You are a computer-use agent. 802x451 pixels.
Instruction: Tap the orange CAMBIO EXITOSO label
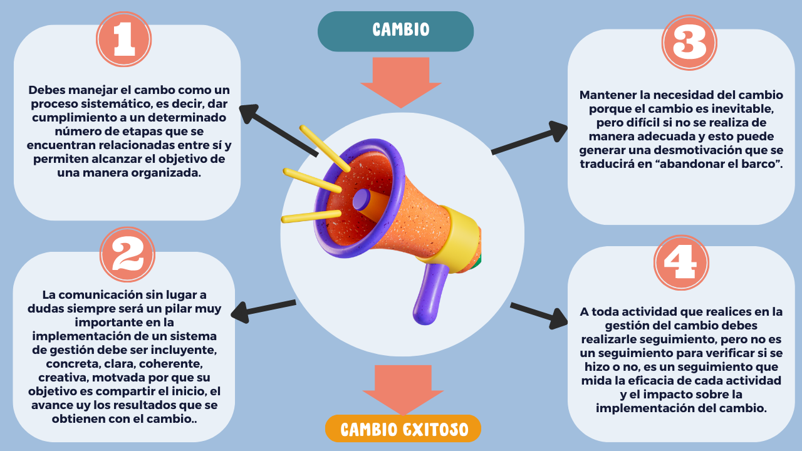coord(403,429)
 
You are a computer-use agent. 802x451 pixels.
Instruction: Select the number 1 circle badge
coord(124,39)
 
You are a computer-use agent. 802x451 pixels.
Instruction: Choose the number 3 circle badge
coord(689,42)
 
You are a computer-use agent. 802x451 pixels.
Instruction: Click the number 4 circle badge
coord(681,263)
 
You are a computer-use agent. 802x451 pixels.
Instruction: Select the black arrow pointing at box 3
coord(529,138)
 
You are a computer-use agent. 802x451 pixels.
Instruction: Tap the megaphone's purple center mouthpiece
coord(361,200)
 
